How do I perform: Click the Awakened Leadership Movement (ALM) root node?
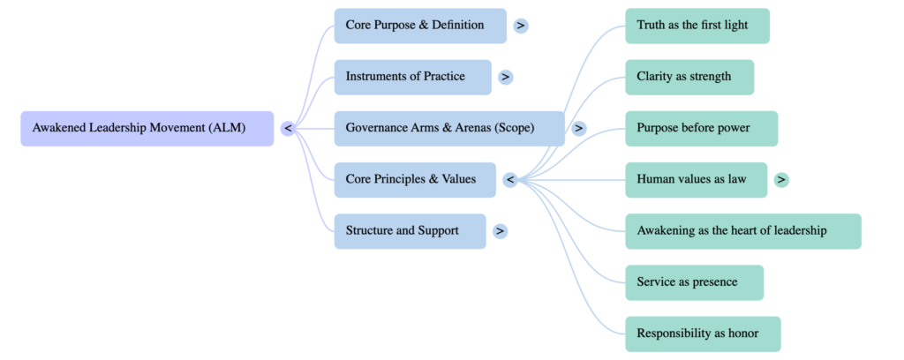[x=147, y=129]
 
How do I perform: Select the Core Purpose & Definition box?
[x=420, y=26]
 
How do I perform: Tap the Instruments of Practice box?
[x=412, y=77]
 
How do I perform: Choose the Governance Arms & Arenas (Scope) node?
[x=448, y=129]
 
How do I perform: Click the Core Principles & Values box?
[x=415, y=180]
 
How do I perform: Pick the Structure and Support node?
[x=410, y=231]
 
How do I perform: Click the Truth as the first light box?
[x=697, y=26]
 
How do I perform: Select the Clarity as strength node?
[x=689, y=77]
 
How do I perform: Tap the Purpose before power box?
[x=701, y=129]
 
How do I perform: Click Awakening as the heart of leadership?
[x=742, y=231]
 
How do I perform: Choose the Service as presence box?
[x=694, y=282]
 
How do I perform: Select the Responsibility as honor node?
[x=703, y=334]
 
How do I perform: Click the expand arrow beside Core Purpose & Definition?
[x=521, y=26]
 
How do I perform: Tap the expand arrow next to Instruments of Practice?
[x=505, y=77]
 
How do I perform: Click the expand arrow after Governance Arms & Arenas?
[x=578, y=129]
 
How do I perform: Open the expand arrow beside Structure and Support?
[x=500, y=231]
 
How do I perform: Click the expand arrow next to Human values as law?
[x=780, y=180]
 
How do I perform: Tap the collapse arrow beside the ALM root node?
[x=288, y=129]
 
